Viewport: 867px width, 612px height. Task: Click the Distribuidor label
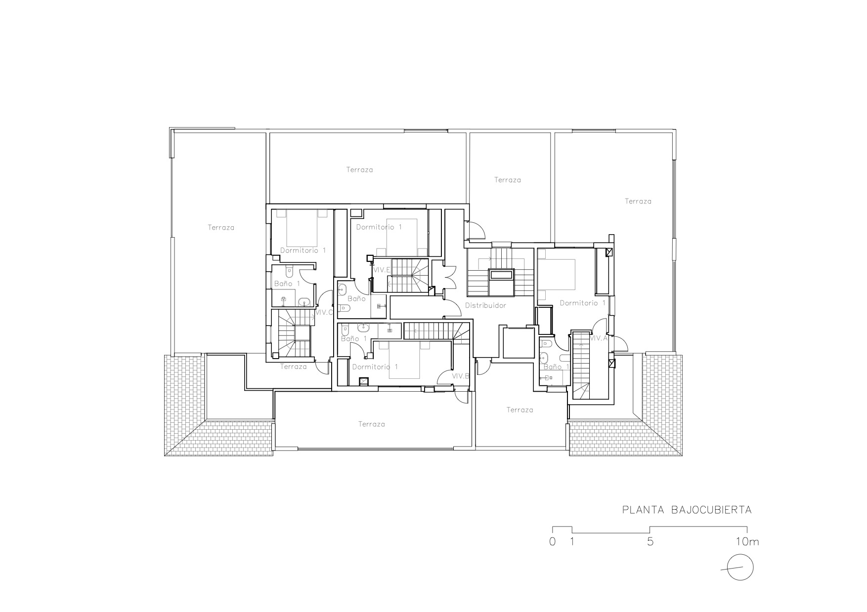(x=485, y=306)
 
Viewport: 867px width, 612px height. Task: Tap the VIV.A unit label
(x=598, y=338)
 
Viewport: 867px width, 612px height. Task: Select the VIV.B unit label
(x=460, y=376)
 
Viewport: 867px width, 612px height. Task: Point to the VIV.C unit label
(x=324, y=312)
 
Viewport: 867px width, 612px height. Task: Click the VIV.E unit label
(x=382, y=270)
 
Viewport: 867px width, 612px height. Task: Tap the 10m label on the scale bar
(x=747, y=541)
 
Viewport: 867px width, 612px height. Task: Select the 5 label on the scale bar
(x=650, y=541)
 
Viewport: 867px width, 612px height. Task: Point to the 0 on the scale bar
(x=552, y=541)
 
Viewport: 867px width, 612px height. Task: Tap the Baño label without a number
(x=356, y=299)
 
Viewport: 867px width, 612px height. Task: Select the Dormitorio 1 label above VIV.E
(x=379, y=227)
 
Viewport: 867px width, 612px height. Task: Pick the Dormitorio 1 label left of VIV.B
(x=375, y=367)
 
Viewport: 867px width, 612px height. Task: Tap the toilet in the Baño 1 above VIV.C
(x=290, y=272)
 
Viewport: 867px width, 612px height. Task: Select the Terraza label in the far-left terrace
(x=221, y=228)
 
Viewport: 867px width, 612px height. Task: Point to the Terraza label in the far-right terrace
(x=638, y=202)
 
